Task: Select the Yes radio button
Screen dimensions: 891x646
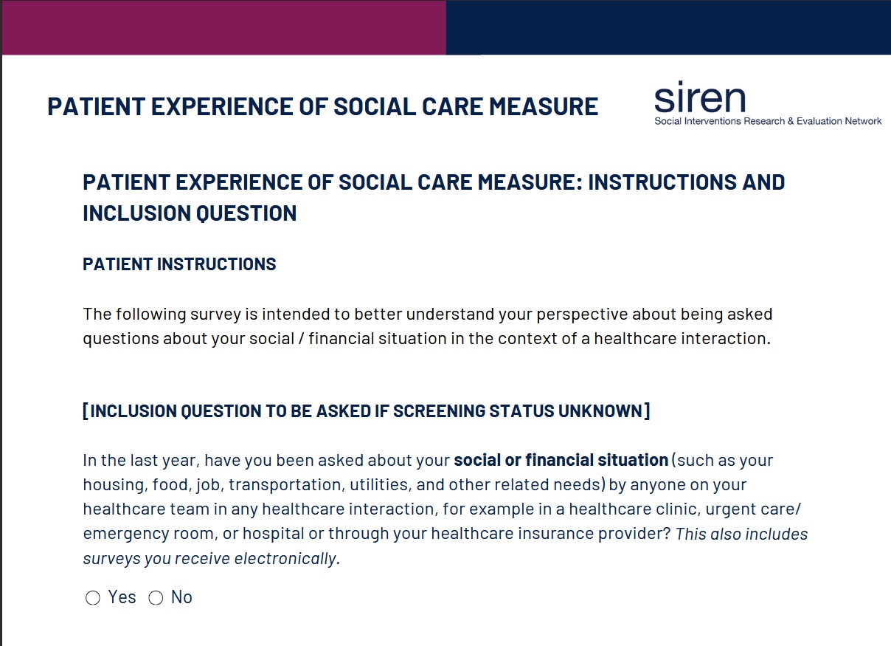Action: (93, 597)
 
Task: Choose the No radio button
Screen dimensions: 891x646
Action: (156, 597)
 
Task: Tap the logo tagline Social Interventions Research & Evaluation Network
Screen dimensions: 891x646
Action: (768, 121)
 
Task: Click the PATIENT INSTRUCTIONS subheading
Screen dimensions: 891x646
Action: (179, 264)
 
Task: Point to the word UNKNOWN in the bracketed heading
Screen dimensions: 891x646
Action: (600, 410)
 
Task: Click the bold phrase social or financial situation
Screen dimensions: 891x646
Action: (561, 460)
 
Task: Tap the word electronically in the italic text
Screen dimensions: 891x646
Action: (287, 558)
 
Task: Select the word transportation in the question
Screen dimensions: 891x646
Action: (285, 485)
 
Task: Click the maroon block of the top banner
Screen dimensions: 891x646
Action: (224, 27)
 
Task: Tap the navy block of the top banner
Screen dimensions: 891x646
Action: (668, 27)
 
